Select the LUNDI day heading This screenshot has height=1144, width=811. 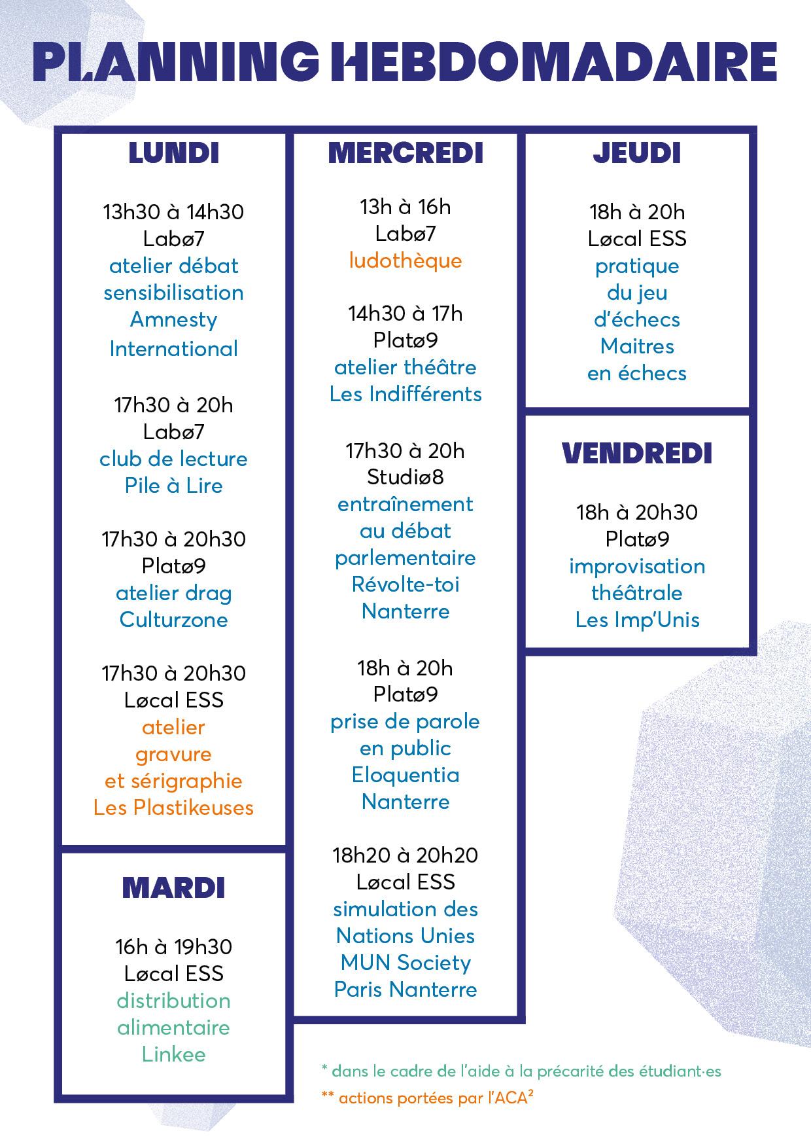[173, 153]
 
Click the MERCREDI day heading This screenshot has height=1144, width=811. [405, 153]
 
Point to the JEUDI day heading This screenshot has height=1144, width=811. [637, 153]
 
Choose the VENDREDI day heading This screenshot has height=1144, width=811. [637, 454]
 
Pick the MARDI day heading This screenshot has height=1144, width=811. [173, 888]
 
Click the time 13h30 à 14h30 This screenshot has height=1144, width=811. [173, 212]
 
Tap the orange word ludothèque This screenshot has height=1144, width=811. [405, 261]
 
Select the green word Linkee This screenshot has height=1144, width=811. [173, 1054]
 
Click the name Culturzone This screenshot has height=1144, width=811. [173, 620]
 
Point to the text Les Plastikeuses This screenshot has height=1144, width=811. [173, 808]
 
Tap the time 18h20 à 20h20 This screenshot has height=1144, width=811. [405, 855]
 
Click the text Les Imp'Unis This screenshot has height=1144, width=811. [637, 620]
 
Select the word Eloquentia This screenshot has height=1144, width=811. [405, 775]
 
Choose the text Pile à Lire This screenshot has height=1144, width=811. [173, 486]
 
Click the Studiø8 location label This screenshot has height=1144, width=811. [405, 477]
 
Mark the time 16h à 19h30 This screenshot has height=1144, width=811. [173, 947]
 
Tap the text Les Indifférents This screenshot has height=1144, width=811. [405, 394]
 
